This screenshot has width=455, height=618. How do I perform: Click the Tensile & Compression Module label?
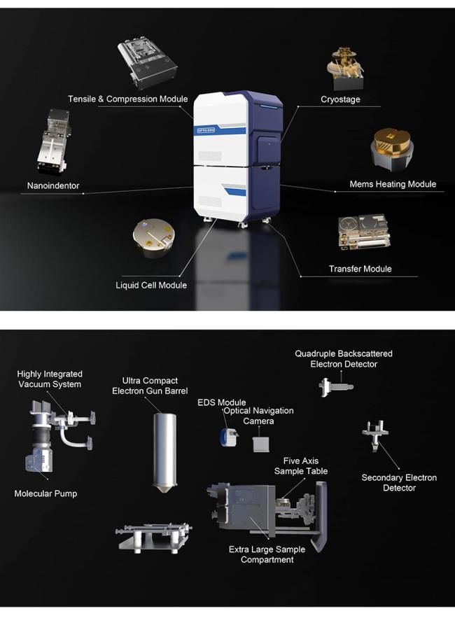(x=127, y=99)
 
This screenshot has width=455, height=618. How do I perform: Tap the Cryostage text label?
(x=340, y=99)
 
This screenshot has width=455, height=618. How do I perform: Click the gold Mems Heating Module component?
(x=392, y=149)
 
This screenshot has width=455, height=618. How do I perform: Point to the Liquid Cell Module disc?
(x=153, y=238)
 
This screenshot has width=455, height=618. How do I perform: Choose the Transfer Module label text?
(x=360, y=269)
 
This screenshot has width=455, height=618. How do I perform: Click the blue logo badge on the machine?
(x=206, y=129)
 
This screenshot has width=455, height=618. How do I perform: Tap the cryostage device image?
(x=345, y=69)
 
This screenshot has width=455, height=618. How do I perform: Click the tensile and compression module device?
(x=147, y=63)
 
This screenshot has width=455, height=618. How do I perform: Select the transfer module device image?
(x=363, y=232)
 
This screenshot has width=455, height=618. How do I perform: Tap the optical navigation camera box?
(x=261, y=444)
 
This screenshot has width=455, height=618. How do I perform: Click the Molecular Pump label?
(x=45, y=493)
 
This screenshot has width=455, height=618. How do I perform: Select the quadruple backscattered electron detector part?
(x=336, y=386)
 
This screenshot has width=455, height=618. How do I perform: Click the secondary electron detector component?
(x=375, y=435)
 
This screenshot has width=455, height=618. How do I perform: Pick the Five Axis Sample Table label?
(x=301, y=466)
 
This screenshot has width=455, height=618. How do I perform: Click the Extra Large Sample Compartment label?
(x=267, y=554)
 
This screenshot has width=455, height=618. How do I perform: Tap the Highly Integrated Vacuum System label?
(x=50, y=379)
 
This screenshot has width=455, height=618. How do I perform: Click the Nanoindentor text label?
(x=53, y=185)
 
